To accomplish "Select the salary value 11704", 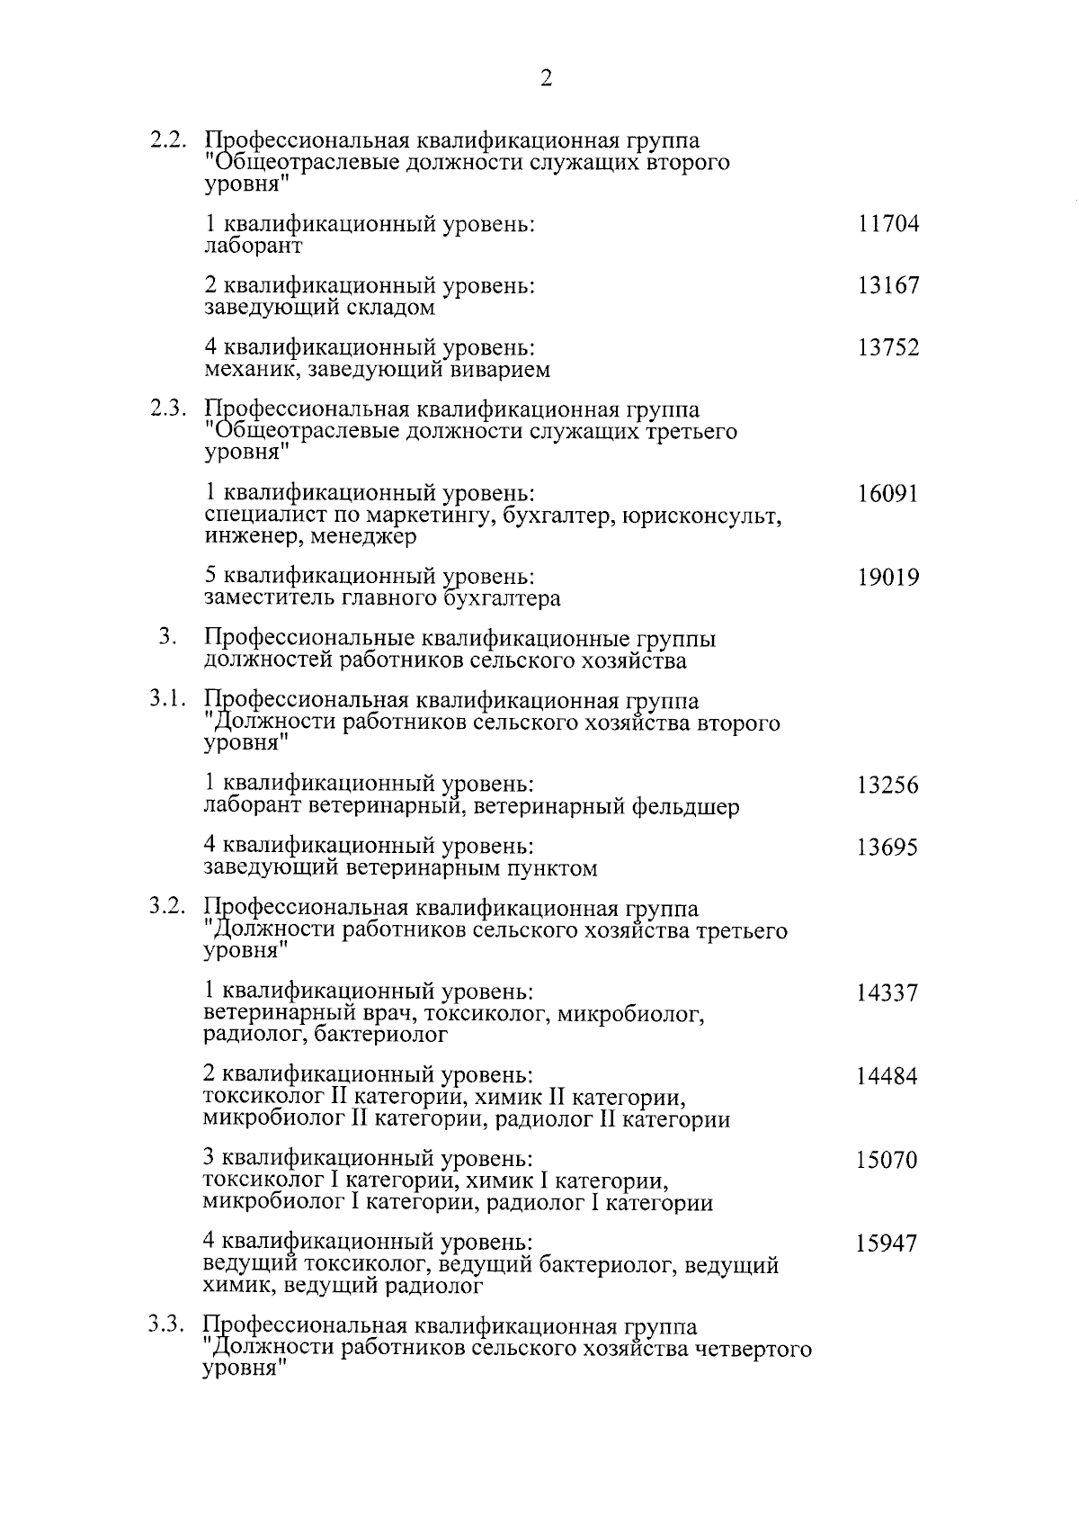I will (887, 224).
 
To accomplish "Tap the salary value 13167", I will (887, 286).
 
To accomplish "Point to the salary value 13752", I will (887, 348).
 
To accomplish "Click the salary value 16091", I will (887, 494).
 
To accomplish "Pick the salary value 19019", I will (887, 577).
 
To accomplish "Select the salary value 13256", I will (887, 785).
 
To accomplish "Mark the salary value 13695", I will (887, 848).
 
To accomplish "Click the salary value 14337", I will (887, 993).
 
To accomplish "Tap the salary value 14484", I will (887, 1076).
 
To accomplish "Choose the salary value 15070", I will (887, 1160).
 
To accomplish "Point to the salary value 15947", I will (887, 1243).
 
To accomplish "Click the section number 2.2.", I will (168, 141).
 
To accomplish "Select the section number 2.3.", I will (168, 410).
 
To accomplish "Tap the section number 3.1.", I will (168, 701).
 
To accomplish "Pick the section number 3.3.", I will (168, 1327).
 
